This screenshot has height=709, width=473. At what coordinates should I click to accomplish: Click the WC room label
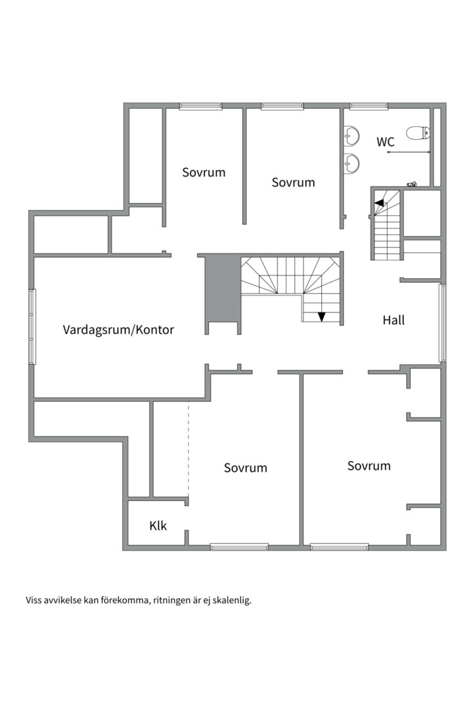pos(385,142)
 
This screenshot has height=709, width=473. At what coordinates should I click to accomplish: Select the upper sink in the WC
pos(351,135)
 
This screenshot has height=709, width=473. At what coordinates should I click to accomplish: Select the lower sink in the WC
pos(351,163)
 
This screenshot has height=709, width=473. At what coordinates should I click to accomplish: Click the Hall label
pos(394,320)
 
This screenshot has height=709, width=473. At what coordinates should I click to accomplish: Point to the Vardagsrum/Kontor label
pos(118,330)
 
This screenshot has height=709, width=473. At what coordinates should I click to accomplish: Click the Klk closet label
pos(158,525)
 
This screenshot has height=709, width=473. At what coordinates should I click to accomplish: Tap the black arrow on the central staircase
pos(321,316)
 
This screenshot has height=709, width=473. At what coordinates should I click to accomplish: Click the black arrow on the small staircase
pos(379,203)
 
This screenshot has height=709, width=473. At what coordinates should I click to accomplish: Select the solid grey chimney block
pos(222,290)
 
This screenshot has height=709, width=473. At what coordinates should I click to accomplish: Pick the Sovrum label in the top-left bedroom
pos(204,172)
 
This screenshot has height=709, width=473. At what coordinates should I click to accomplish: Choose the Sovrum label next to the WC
pos(293,183)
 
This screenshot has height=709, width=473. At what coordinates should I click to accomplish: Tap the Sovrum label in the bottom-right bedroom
pos(369,465)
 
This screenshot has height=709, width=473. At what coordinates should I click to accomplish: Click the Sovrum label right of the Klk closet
pos(245,467)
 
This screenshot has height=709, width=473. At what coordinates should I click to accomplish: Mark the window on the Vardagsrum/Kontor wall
pos(32,326)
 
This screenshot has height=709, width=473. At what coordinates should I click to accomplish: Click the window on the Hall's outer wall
pos(442,323)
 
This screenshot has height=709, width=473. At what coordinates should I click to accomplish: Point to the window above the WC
pos(369,106)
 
